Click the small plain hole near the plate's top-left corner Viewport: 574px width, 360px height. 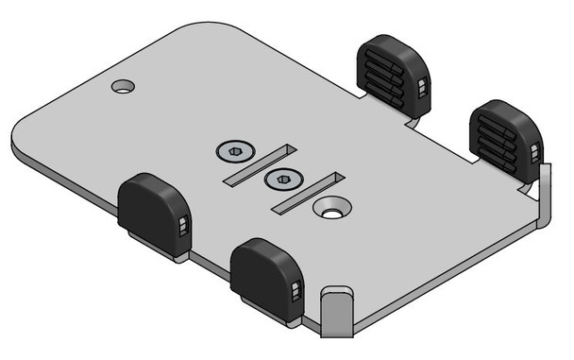122,87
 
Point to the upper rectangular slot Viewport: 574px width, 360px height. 260,163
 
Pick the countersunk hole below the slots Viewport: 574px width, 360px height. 329,210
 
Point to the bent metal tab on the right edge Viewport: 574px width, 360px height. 543,194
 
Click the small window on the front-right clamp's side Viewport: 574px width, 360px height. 296,290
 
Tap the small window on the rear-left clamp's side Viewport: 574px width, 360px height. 423,91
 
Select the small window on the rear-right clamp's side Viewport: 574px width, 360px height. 536,152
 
